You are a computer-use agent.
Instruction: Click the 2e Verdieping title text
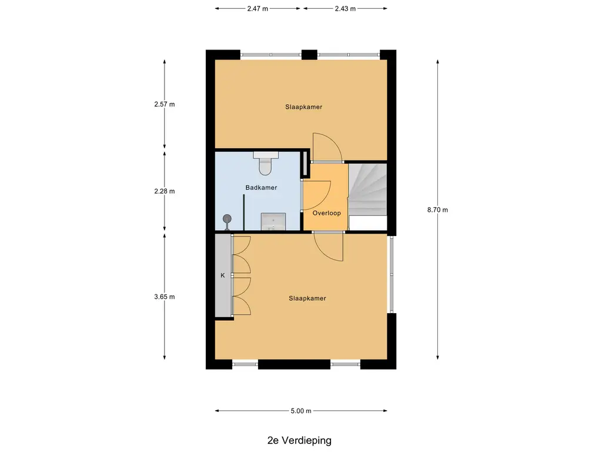coord(299,440)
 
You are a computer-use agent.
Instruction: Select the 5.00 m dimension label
coord(301,411)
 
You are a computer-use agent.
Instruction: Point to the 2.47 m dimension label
coord(257,9)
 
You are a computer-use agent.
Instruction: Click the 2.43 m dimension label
coord(345,9)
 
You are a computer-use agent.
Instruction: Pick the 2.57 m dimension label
coord(165,104)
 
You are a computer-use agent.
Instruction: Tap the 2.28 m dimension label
coord(165,191)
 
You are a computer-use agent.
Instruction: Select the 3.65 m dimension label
coord(165,297)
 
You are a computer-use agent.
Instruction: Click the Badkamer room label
coord(261,188)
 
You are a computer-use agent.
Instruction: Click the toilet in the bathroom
coord(265,163)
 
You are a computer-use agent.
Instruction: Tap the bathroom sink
coord(273,221)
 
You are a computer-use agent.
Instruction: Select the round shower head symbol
coord(227,219)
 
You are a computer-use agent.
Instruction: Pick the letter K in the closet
coord(223,275)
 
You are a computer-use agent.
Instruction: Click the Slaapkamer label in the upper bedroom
coord(304,107)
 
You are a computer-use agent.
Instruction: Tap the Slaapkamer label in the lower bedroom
coord(307,298)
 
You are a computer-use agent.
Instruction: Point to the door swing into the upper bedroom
coord(326,147)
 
